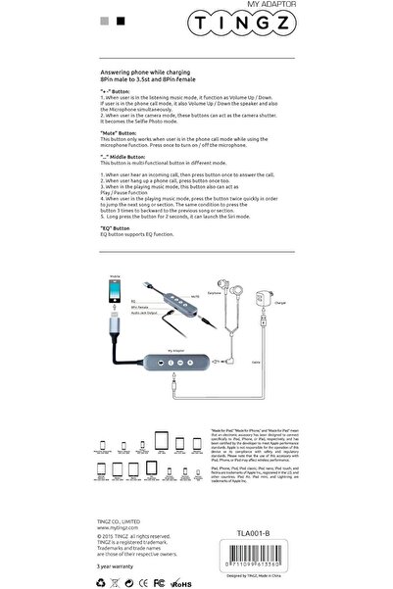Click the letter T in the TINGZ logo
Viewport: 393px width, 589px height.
click(x=242, y=24)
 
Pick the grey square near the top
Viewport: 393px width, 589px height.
click(x=106, y=19)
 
